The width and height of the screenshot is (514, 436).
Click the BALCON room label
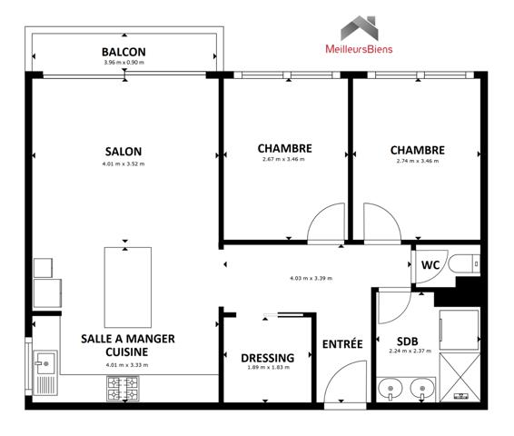[124, 52]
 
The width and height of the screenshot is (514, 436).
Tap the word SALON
[124, 152]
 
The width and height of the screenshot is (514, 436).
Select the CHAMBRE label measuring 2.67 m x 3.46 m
[284, 149]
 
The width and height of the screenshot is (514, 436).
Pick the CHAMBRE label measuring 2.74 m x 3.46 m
[417, 150]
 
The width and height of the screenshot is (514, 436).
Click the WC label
[430, 266]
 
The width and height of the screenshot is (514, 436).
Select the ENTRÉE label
[342, 344]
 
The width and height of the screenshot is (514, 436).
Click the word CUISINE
[126, 351]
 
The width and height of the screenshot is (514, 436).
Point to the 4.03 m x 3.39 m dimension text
[311, 278]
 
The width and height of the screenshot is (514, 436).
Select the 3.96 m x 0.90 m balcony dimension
[124, 63]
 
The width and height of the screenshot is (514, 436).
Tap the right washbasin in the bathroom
[420, 389]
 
